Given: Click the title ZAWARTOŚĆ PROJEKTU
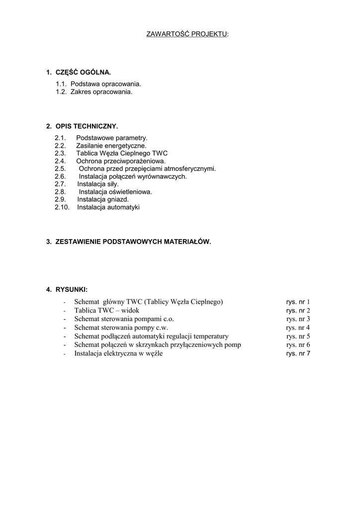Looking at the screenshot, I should click(187, 34).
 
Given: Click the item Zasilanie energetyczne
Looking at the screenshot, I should click(111, 146).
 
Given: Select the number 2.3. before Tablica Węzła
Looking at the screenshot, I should click(60, 154).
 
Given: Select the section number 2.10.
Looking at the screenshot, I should click(62, 207).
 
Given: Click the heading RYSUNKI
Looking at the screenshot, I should click(72, 289).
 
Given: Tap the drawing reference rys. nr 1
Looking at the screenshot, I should click(298, 302).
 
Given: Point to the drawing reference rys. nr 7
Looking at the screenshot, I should click(298, 353).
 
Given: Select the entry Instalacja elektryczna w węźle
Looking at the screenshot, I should click(118, 353).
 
